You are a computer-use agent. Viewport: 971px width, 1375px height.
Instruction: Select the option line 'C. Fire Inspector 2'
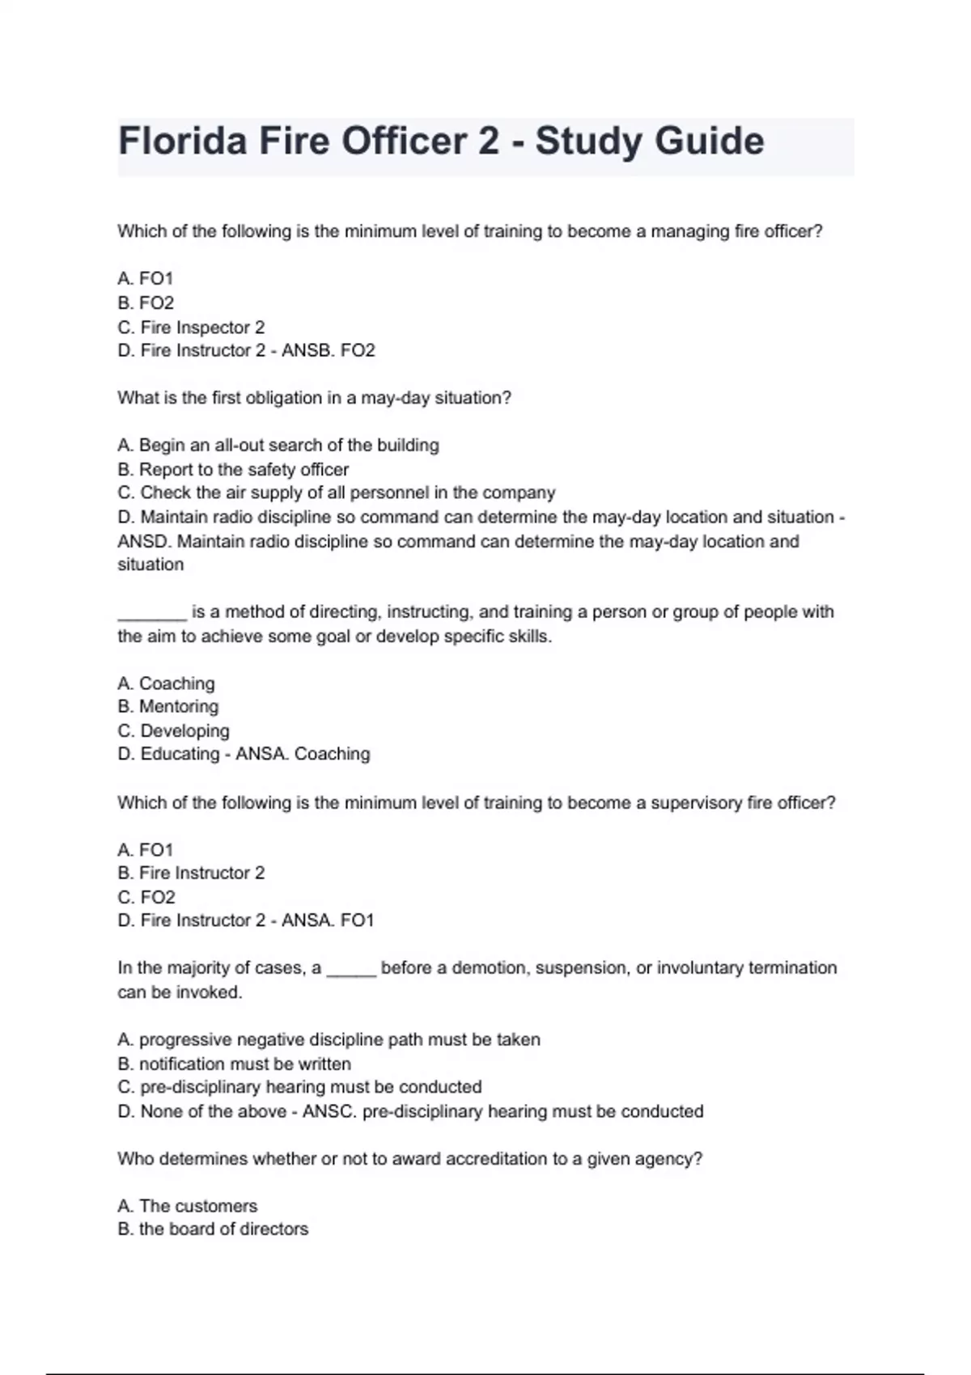(191, 328)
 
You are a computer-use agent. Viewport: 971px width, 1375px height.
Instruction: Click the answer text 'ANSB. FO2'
(329, 351)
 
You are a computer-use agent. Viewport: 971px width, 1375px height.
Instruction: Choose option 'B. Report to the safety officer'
(233, 470)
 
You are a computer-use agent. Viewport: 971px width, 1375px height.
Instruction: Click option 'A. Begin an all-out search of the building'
(278, 446)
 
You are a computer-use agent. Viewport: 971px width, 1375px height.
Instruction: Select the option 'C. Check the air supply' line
(337, 493)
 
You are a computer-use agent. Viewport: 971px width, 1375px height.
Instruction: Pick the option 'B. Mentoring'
(168, 707)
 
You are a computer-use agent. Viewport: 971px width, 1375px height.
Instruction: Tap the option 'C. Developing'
(174, 731)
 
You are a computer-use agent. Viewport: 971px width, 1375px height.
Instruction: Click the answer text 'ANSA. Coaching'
(303, 755)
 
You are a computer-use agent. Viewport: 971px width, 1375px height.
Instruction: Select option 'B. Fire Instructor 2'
(191, 874)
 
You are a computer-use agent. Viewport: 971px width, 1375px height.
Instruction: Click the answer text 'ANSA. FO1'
(328, 920)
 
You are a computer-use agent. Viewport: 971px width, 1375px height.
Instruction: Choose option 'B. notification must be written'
(235, 1064)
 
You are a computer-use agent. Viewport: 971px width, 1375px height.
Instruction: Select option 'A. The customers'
(188, 1206)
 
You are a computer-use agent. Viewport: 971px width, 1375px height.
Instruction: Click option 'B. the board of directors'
(213, 1229)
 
